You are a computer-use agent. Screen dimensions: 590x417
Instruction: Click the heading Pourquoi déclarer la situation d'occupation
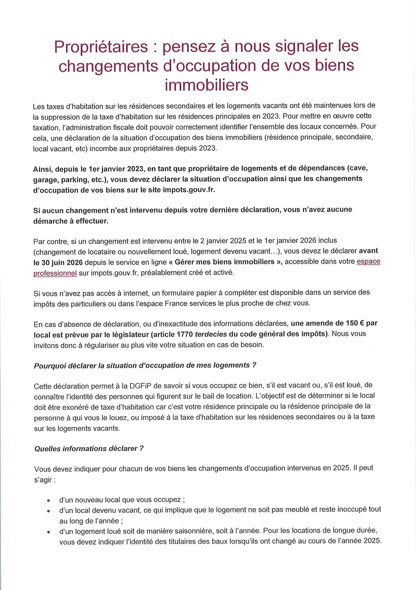145,365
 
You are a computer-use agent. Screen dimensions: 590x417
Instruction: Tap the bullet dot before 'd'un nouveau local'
49,501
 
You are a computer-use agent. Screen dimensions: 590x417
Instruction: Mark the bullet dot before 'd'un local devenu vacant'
49,510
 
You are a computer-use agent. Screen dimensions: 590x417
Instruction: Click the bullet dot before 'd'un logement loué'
49,531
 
